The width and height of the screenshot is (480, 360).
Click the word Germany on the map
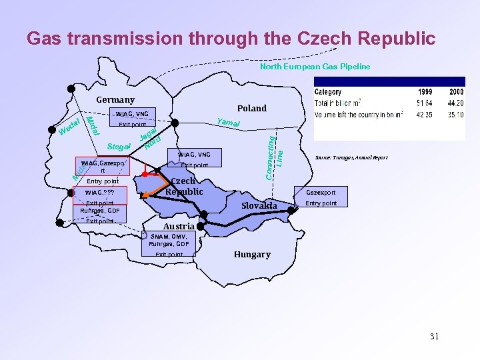coord(115,100)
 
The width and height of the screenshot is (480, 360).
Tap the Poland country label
coord(252,108)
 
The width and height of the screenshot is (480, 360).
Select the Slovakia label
coord(259,205)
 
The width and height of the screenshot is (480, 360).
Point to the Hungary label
coord(252,254)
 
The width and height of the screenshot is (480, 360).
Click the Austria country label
coord(179,227)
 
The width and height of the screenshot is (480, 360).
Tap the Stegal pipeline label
coord(117,146)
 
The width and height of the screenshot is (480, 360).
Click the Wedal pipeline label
coord(69,125)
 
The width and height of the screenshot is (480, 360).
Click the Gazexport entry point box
coord(321,193)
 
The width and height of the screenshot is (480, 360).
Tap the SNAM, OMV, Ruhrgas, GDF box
coord(169,240)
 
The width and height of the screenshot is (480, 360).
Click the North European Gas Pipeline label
coord(315,67)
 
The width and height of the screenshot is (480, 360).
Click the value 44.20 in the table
coord(455,103)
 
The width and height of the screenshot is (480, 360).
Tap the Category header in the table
coord(328,92)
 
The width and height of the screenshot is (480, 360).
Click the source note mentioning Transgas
coord(351,158)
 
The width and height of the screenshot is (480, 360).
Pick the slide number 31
coord(434,336)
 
